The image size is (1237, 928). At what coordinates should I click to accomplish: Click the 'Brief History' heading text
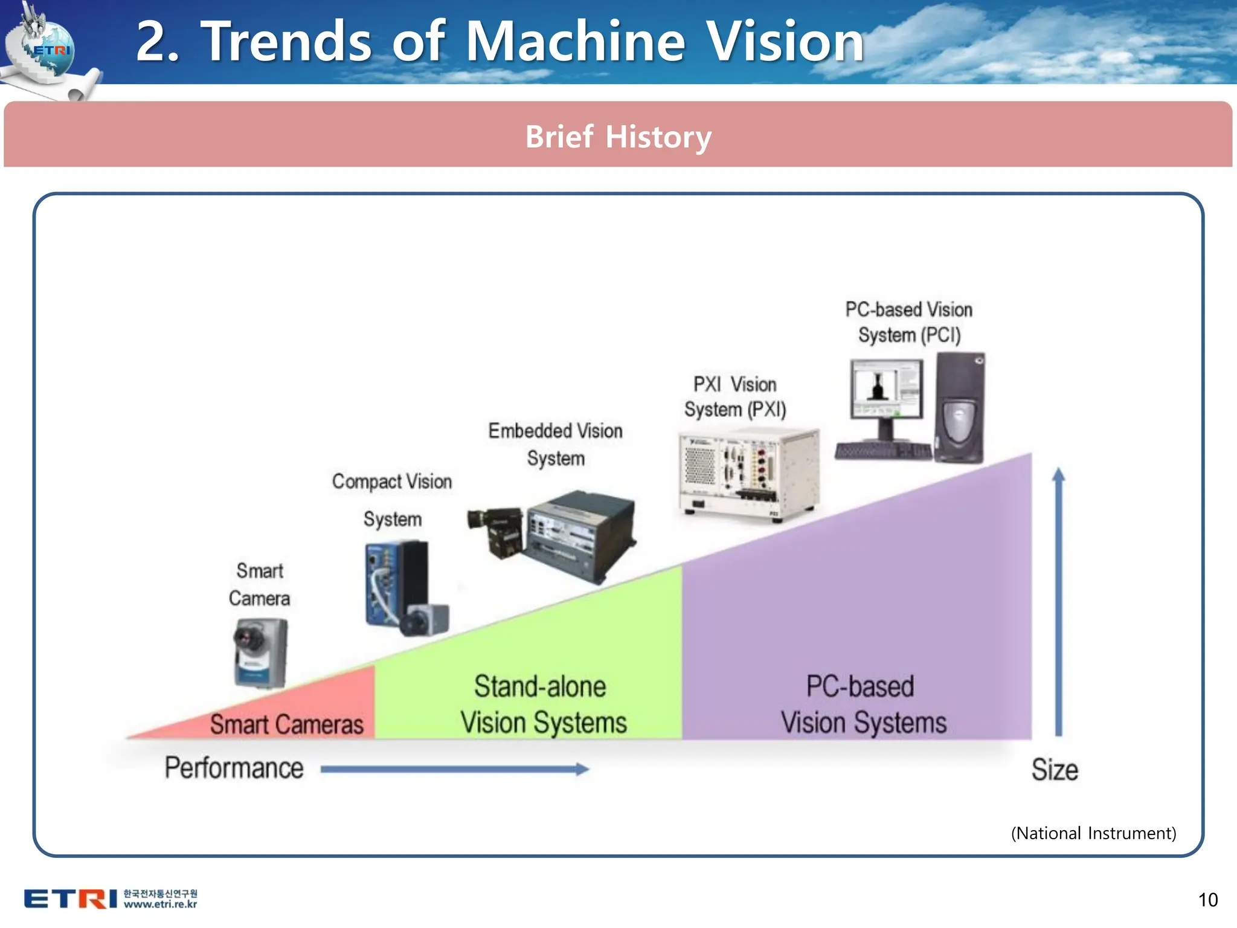coord(618,137)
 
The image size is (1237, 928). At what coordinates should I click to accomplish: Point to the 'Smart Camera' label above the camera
coord(260,584)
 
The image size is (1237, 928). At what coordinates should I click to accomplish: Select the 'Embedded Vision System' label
coord(556,444)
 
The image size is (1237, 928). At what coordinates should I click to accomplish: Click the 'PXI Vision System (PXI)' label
coord(735,396)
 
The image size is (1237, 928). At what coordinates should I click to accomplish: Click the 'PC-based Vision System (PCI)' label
coord(909,322)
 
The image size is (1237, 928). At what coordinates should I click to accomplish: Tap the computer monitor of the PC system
coord(887,390)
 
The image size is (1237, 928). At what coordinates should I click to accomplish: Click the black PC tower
coord(959,408)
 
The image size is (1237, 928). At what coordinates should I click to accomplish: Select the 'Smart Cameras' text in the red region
coord(287,724)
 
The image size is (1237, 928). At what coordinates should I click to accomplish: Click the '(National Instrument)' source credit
coord(1093,833)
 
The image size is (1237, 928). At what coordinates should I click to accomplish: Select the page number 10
coord(1207,900)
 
